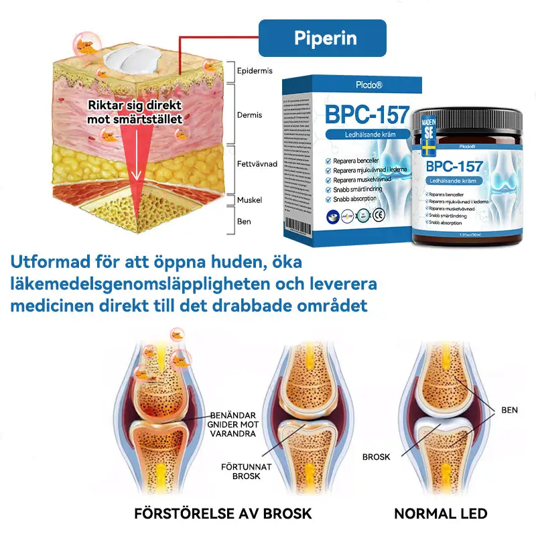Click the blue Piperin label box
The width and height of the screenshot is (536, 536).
322,38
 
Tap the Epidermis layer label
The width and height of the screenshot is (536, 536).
255,70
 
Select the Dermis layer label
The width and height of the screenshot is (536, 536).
249,115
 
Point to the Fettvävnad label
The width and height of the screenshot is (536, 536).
257,163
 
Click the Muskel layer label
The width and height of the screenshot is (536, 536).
249,200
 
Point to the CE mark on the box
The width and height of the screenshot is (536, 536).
379,216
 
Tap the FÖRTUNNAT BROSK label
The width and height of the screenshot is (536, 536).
243,470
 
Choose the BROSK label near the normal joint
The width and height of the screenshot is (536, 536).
377,457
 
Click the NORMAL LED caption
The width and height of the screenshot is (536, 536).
440,515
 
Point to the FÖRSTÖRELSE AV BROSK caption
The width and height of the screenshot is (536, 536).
223,515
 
